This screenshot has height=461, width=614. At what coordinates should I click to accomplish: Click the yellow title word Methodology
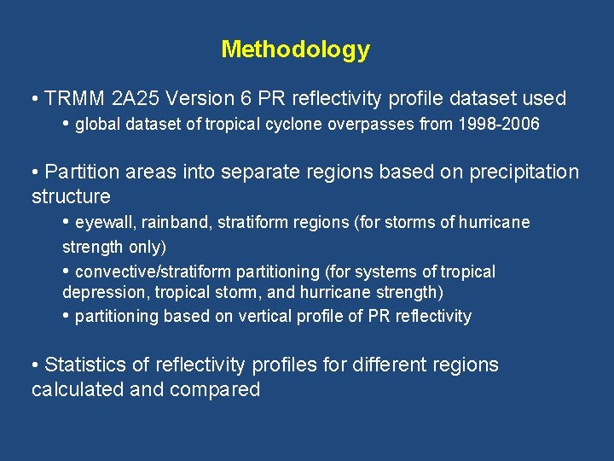click(x=295, y=50)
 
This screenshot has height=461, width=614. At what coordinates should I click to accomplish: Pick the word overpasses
click(x=374, y=125)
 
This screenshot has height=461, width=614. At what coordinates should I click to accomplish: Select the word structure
click(x=71, y=196)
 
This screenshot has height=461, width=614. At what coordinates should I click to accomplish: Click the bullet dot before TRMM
click(x=34, y=99)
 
